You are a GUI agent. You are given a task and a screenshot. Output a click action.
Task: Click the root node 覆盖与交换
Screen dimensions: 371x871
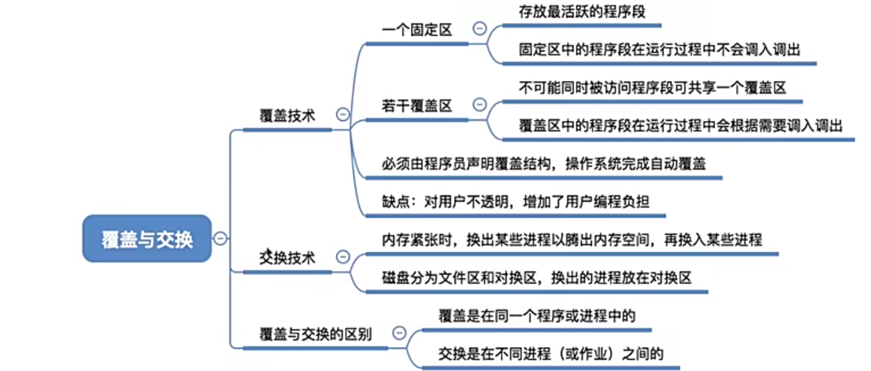point(147,239)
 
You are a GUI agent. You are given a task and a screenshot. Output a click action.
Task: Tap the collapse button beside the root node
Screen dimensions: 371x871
point(221,238)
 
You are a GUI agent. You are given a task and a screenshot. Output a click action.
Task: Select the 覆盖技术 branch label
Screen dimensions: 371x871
point(287,116)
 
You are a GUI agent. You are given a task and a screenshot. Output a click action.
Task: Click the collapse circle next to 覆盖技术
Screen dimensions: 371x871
point(343,114)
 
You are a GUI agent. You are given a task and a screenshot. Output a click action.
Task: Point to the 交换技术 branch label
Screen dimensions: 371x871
point(287,258)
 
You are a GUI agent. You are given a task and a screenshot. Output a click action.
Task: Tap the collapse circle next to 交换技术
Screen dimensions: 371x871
point(343,257)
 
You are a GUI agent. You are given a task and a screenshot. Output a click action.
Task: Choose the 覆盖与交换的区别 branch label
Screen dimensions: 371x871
point(315,334)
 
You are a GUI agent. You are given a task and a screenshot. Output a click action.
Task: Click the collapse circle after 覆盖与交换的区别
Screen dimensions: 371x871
point(400,333)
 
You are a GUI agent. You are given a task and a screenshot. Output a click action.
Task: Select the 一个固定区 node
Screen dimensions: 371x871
point(416,30)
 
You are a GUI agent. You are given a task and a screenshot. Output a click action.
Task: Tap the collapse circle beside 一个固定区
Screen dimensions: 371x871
point(480,28)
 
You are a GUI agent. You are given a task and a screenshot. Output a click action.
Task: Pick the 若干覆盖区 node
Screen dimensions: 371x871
point(416,106)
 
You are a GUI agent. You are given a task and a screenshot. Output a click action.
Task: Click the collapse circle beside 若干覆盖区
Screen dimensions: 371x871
point(480,105)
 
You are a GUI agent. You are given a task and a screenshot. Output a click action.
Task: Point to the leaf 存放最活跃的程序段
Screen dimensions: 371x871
point(582,12)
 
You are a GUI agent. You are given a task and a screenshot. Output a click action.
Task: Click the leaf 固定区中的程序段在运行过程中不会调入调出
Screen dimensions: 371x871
point(659,50)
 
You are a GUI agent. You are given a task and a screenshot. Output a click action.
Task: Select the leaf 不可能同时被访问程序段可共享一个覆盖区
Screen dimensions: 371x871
point(652,88)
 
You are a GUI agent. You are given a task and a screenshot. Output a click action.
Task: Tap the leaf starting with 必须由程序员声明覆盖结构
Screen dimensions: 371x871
point(543,164)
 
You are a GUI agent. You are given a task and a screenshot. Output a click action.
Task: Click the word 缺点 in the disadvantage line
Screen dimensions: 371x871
point(395,202)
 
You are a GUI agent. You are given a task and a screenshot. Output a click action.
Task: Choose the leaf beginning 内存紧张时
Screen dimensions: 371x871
point(572,240)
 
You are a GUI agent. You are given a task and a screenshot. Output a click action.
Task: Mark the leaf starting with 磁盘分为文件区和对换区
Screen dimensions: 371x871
point(536,277)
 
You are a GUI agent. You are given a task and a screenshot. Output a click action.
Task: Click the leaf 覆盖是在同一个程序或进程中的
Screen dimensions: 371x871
point(536,316)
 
